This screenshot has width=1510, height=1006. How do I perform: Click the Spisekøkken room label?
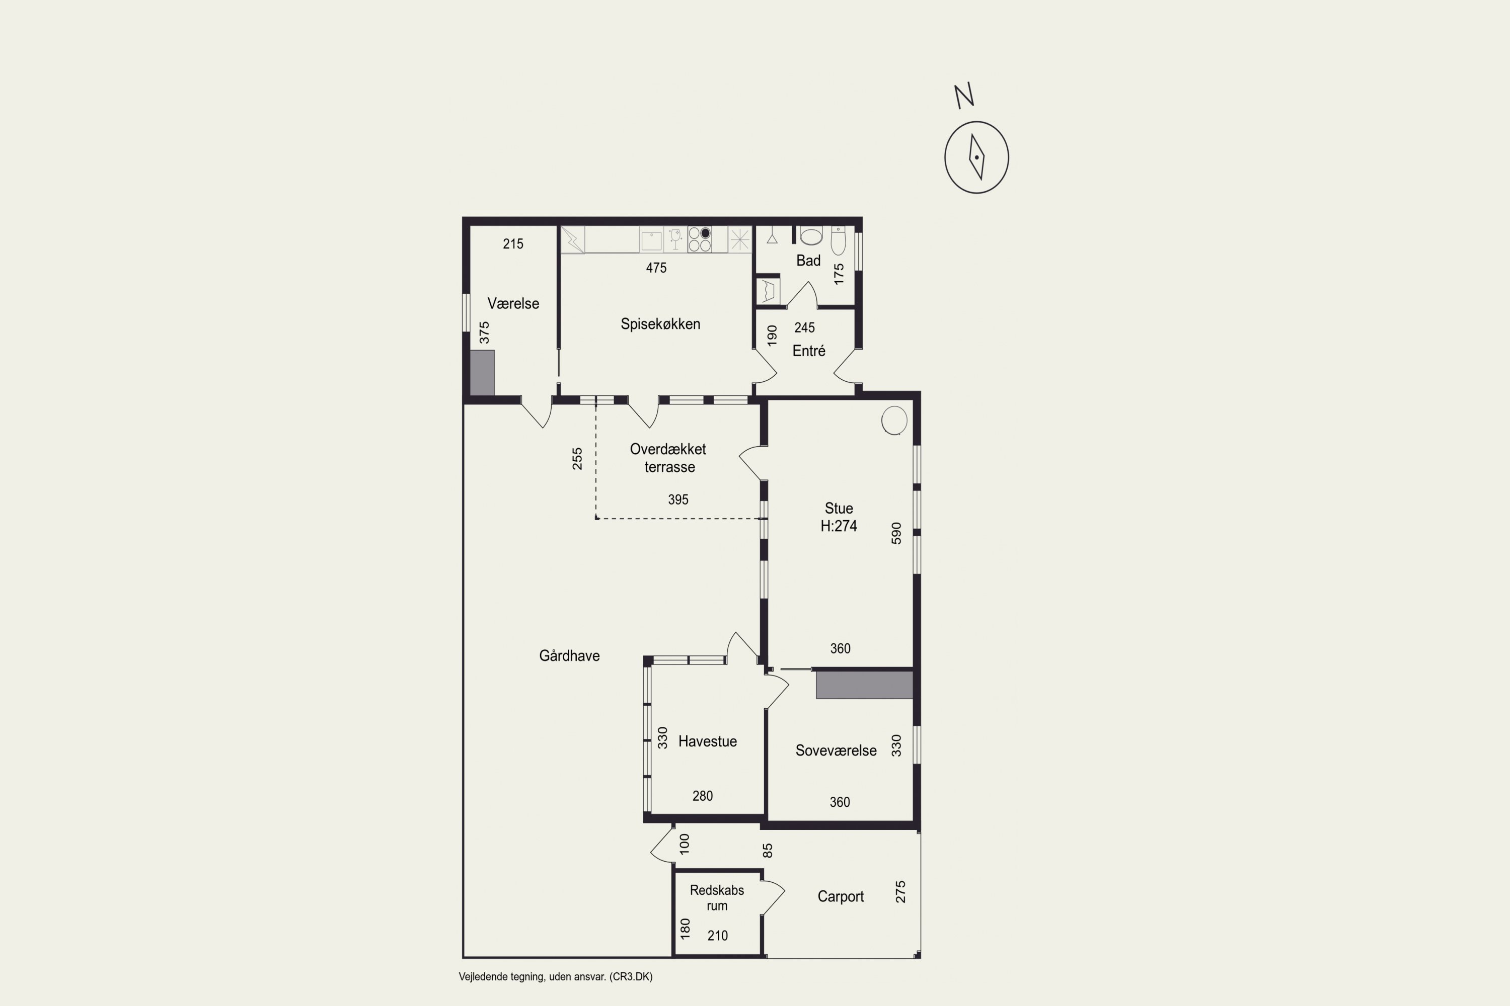coord(660,324)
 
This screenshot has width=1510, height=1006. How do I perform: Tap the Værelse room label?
coord(513,303)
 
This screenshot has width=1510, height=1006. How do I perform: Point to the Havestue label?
coord(708,741)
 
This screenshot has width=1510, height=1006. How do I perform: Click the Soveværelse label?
coord(836,750)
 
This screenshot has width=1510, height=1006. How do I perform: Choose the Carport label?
coord(841,897)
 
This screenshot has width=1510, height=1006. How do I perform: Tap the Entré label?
coord(809,351)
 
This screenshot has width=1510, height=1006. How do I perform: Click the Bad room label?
coord(808,261)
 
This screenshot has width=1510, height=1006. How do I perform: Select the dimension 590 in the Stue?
coord(896,533)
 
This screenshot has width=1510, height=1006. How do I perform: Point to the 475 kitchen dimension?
coord(656,268)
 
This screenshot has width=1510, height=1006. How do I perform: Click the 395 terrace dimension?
coord(678,499)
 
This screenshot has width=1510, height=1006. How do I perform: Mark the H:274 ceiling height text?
coord(839,526)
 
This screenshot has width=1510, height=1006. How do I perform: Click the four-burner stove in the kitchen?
coord(699,239)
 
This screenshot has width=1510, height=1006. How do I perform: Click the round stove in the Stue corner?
coord(894,421)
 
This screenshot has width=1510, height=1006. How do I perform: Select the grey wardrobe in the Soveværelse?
coord(864,685)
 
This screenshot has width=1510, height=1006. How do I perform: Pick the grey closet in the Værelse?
coord(482,372)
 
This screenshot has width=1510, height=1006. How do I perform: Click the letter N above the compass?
coord(964,95)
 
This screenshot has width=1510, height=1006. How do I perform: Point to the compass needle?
coord(976,157)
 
